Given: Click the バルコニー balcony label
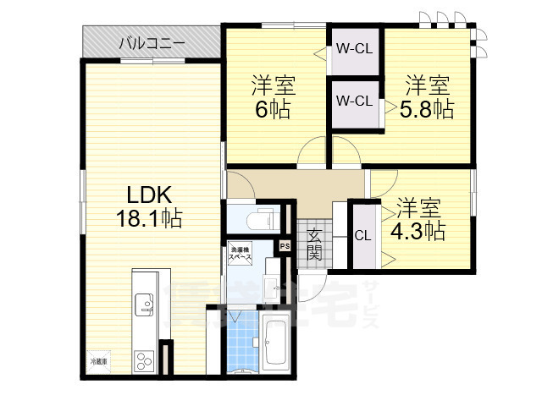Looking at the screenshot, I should point(152,41).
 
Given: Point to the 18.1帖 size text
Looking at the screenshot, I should point(149,218).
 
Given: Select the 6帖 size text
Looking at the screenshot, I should point(271,110).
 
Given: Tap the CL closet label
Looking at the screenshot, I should point(362,236).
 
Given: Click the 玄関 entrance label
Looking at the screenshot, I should point(314,244).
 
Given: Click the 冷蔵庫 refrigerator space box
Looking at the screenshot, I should point(99,361).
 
